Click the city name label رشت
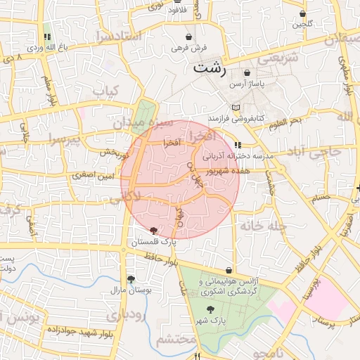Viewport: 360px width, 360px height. pos(211,68)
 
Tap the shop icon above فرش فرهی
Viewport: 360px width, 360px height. pos(188,37)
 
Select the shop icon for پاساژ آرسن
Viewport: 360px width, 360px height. pos(247,73)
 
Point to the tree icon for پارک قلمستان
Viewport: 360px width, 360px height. pos(154,231)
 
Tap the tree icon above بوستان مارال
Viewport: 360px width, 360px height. pos(131,278)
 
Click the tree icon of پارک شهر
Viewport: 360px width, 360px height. pos(210,309)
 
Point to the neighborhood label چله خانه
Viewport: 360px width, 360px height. pos(260,226)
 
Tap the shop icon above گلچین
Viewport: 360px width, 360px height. pos(303,13)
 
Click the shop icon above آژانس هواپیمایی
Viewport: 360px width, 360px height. pos(230,271)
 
